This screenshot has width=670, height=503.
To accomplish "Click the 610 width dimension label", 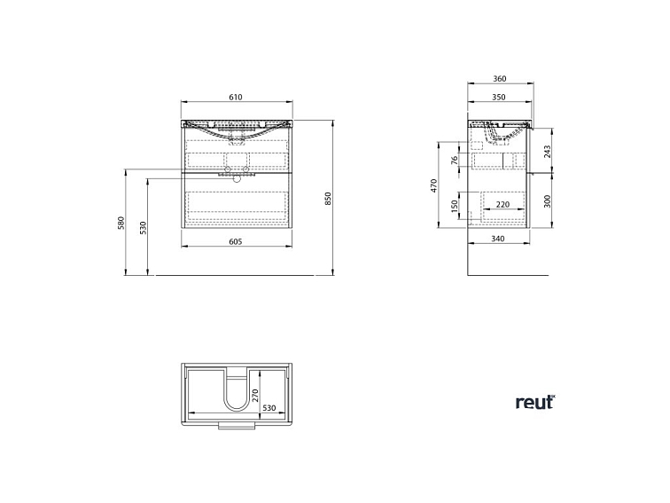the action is pos(236,97).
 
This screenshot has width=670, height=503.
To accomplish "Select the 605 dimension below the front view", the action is pos(236,241).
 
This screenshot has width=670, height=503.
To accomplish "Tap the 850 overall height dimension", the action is pos(328,199).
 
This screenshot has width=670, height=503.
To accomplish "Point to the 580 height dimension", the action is pos(121,224).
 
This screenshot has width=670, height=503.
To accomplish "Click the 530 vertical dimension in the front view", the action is pos(144,227).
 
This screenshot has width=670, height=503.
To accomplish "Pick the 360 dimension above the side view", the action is pos(500,79).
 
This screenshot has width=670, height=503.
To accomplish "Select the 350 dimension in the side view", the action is pos(499,97).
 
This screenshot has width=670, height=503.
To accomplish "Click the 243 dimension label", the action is pos(548,152).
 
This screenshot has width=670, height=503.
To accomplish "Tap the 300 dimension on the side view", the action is pos(548,201).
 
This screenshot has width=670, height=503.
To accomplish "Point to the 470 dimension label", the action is pos(434,185).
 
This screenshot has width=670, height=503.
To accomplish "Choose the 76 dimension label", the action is pos(455,160).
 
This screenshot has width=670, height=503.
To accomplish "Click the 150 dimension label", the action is pos(455,206).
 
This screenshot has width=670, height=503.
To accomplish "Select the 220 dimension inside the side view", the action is pos(502,204).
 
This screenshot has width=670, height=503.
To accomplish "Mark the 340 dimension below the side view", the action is pos(498,239).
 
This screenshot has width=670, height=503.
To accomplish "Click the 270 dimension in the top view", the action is pos(255,395).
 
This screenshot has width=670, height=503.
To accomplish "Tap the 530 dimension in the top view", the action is pos(269,408).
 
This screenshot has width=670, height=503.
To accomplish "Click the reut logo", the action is pos(535,403).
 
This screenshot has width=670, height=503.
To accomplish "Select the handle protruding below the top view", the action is pos(237,426).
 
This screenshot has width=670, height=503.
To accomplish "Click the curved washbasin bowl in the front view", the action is pos(237,130).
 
